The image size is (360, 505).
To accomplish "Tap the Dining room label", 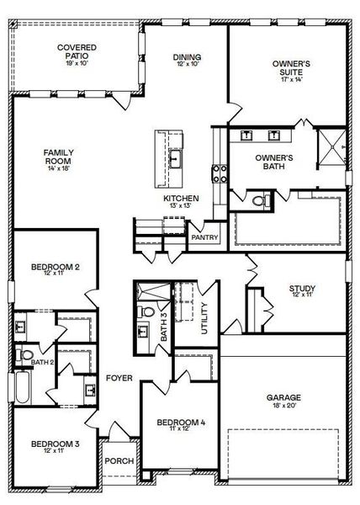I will pos(187,57).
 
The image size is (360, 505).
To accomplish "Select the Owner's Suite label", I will pos(292,68).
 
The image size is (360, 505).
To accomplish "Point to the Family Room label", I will pos(58,157).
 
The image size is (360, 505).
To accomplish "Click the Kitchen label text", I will pos(181,199).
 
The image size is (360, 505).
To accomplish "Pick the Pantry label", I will pos(204,237).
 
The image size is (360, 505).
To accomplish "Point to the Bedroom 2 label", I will pos(55,268).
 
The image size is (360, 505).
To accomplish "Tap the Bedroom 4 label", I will pos(180,422).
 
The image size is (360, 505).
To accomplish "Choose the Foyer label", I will pos(119,379).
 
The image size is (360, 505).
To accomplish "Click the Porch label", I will pos(118,461).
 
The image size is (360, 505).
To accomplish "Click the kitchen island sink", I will pos(176,157).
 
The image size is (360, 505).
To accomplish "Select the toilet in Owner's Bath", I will pos(262,200).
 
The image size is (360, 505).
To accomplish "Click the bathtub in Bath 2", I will pos(20,389).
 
